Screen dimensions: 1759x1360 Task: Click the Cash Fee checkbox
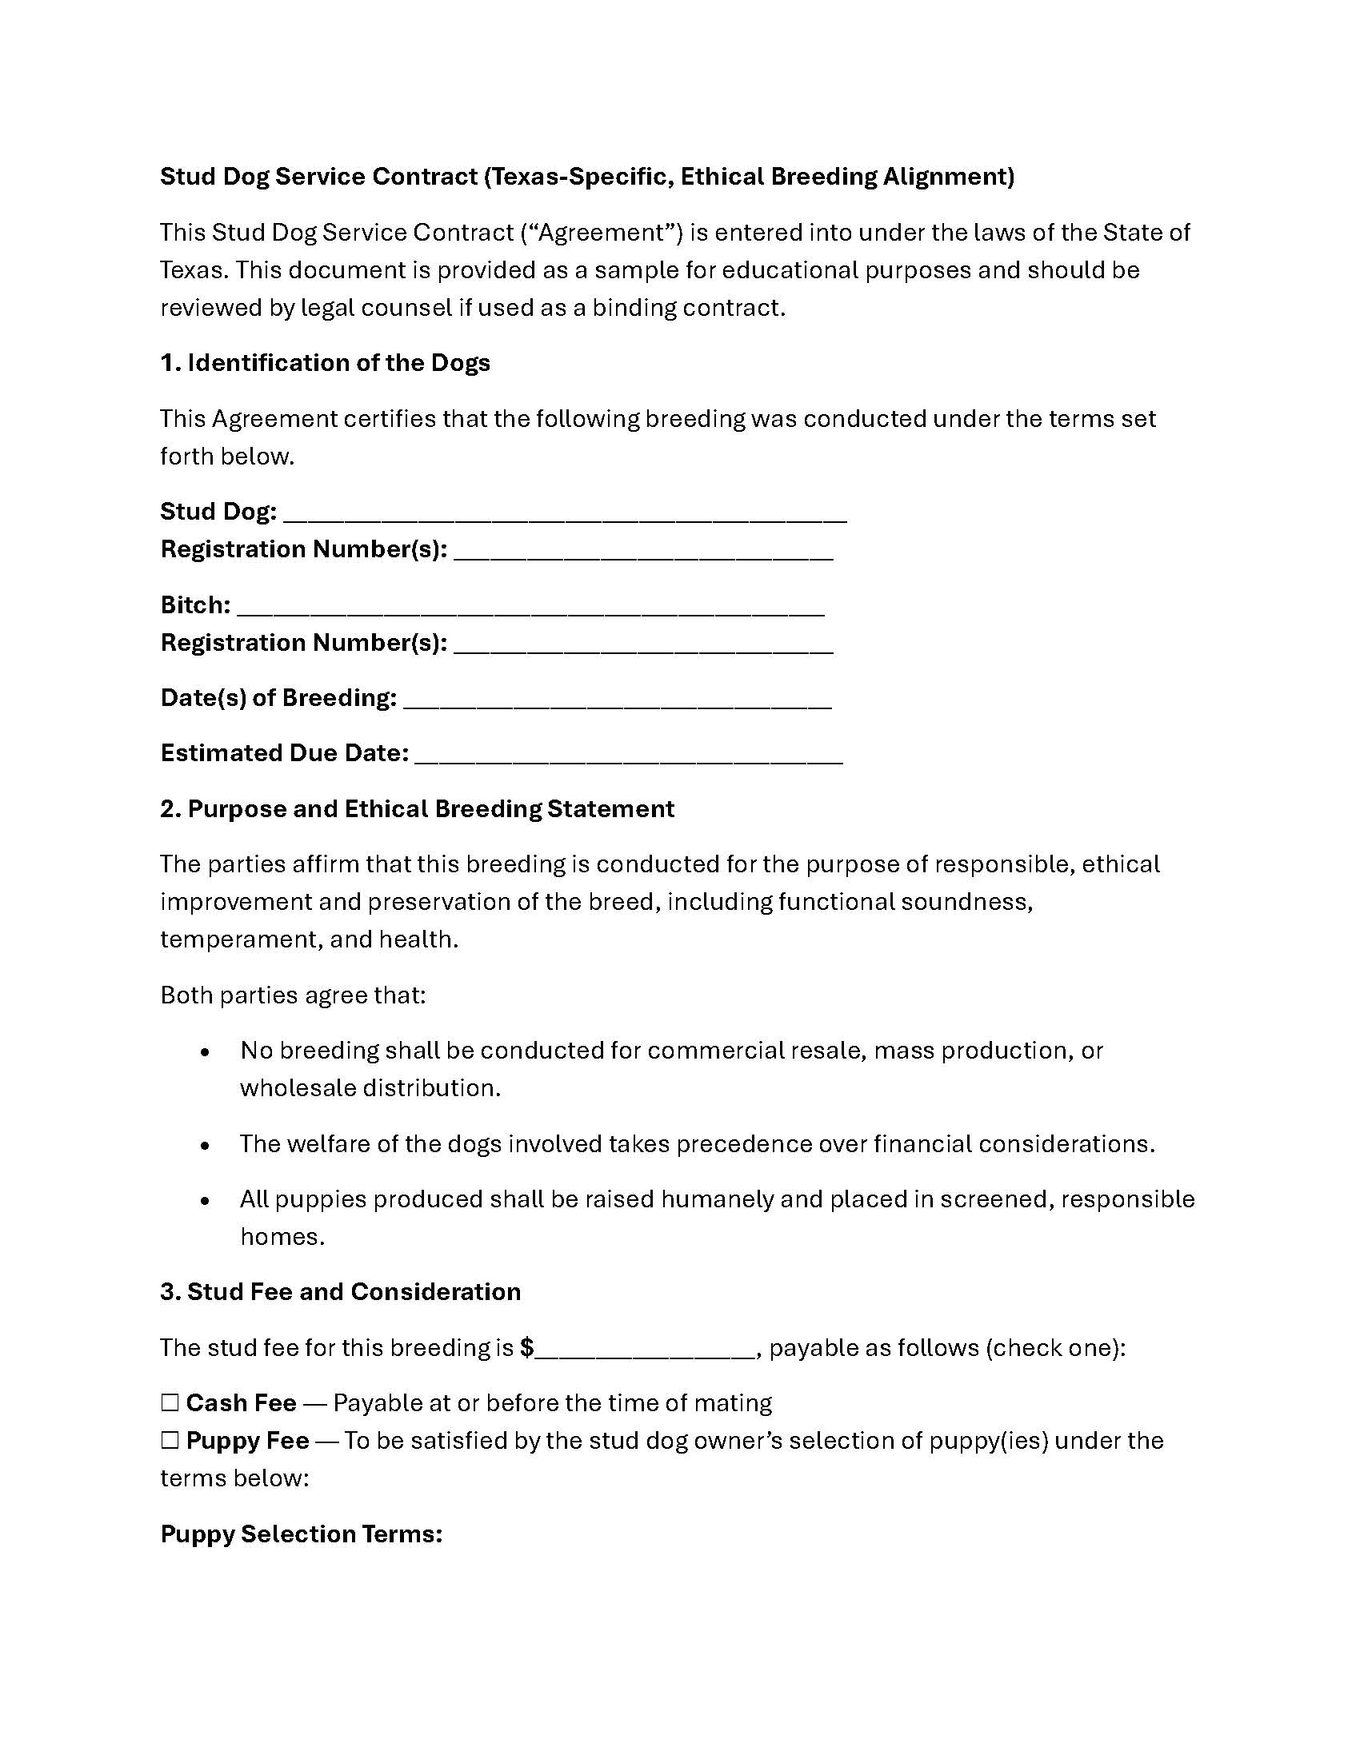pyautogui.click(x=169, y=1403)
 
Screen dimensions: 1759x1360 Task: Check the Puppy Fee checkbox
pyautogui.click(x=169, y=1440)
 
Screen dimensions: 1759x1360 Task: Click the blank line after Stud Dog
pyautogui.click(x=565, y=513)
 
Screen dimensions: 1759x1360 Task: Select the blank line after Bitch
pyautogui.click(x=531, y=607)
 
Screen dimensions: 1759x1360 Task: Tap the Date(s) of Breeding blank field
pyautogui.click(x=617, y=699)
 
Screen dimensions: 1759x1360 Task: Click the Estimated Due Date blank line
pyautogui.click(x=629, y=755)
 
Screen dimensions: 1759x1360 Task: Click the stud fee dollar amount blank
pyautogui.click(x=645, y=1348)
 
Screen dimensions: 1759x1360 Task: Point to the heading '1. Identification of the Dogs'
pyautogui.click(x=325, y=363)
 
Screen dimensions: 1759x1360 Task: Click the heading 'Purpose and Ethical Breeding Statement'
pyautogui.click(x=430, y=808)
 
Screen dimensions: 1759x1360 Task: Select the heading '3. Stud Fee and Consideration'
pyautogui.click(x=340, y=1292)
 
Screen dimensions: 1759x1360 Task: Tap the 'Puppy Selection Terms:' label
pyautogui.click(x=302, y=1534)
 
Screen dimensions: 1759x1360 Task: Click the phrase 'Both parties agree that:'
pyautogui.click(x=293, y=995)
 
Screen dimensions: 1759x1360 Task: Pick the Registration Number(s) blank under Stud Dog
pyautogui.click(x=643, y=551)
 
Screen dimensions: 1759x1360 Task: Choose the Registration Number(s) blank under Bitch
pyautogui.click(x=643, y=644)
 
